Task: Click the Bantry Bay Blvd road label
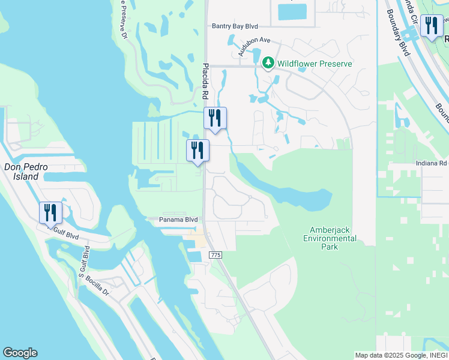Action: (x=234, y=26)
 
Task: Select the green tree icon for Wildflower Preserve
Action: (x=268, y=63)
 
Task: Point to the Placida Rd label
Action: (x=205, y=82)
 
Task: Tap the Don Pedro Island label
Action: (x=21, y=172)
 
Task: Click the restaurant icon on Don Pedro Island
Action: (x=50, y=213)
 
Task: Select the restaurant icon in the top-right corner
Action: (x=431, y=26)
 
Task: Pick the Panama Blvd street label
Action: (x=178, y=220)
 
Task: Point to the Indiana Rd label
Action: (x=432, y=163)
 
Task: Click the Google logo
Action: (x=20, y=353)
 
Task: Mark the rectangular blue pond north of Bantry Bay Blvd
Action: (x=292, y=11)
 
